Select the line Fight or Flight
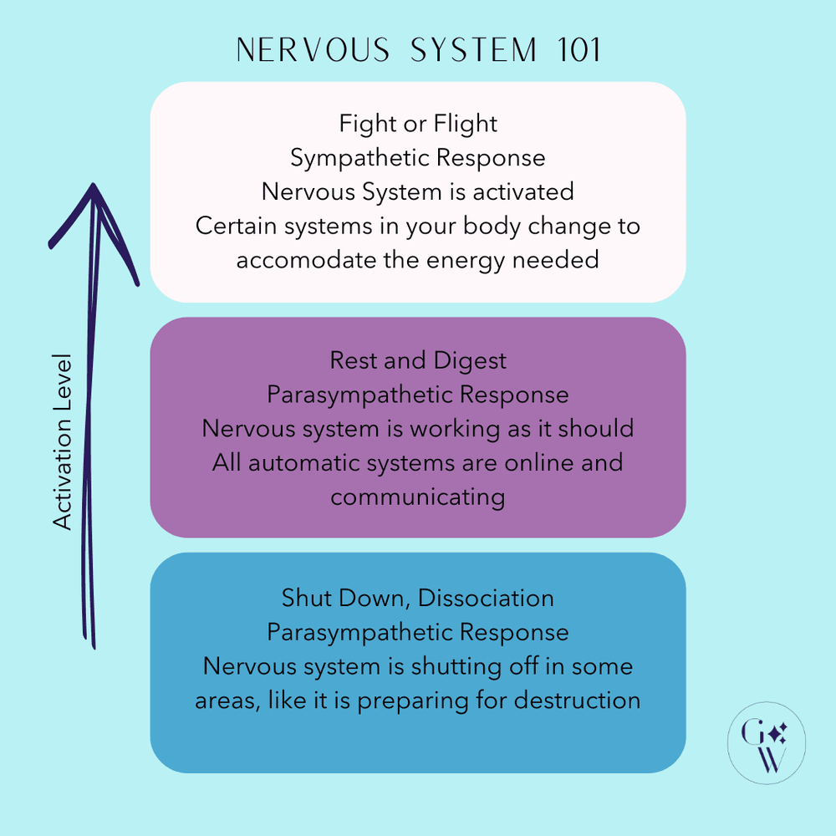point(418,124)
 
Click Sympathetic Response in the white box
point(418,158)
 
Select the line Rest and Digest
point(418,360)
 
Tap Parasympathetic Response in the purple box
point(418,395)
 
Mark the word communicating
point(418,497)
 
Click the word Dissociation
point(486,599)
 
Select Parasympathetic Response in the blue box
point(418,633)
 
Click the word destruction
point(578,701)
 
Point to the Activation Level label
point(64,441)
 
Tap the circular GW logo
point(767,742)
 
